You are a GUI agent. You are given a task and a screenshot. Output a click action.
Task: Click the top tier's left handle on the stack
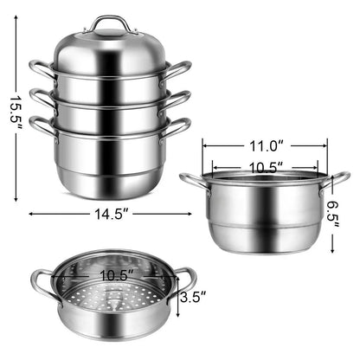[x=40, y=67]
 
